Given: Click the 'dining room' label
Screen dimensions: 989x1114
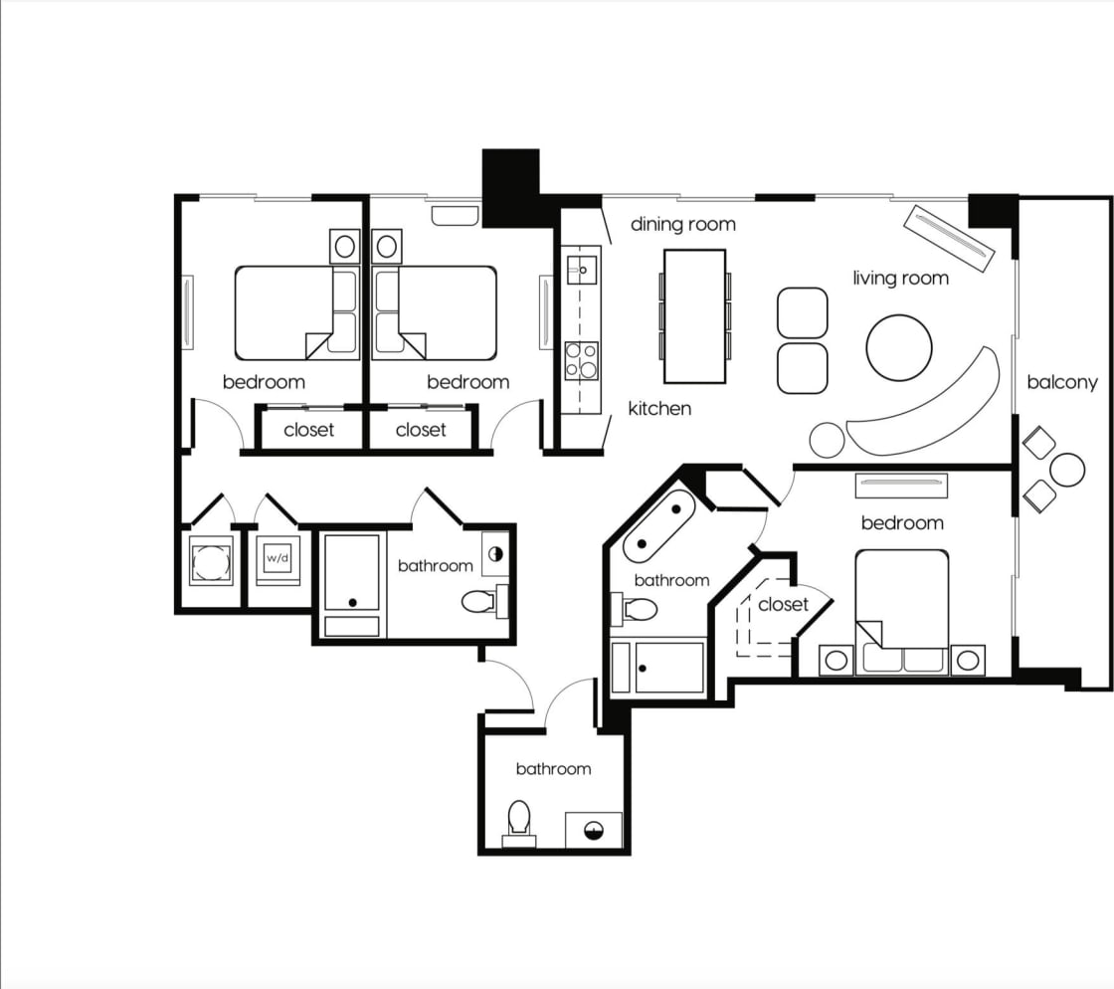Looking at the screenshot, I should tap(683, 224).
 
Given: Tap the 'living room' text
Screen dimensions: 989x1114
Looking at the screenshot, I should tap(900, 278).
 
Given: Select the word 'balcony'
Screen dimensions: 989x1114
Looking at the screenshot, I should tap(1062, 382).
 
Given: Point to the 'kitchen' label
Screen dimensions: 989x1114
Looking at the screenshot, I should tap(659, 408).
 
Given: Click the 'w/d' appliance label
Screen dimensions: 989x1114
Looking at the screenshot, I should tap(278, 558).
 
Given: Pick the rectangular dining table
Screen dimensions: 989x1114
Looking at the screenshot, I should tap(694, 315).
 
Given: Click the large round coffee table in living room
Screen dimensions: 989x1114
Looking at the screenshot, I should tap(899, 347).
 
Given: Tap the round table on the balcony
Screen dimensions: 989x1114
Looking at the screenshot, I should tap(1067, 470).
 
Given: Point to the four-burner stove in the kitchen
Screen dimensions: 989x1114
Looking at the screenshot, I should tap(581, 360).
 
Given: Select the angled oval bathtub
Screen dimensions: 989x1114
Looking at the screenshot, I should tap(658, 525).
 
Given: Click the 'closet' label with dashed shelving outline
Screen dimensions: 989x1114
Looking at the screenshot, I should tap(783, 604).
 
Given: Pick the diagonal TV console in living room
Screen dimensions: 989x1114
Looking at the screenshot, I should tap(949, 238).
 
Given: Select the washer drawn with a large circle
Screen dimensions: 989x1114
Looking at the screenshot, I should tap(211, 561).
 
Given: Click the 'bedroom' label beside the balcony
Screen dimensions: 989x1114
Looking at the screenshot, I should tap(901, 522).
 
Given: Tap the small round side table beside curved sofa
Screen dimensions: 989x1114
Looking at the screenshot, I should tap(827, 439).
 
